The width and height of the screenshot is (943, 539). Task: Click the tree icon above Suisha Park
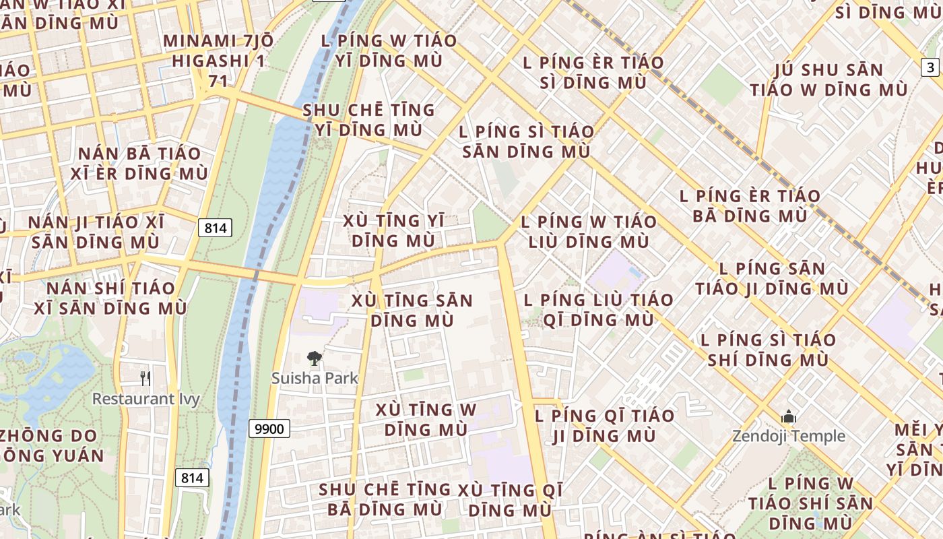(314, 358)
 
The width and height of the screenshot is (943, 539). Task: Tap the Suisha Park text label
(315, 379)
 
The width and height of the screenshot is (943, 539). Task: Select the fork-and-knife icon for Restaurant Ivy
(145, 378)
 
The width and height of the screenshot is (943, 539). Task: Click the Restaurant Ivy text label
(145, 399)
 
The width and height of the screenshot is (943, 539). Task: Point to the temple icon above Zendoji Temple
(789, 417)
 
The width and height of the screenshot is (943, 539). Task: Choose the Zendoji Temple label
(789, 437)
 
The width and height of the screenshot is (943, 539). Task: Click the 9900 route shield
(269, 429)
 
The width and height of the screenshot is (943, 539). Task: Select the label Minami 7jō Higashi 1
(218, 51)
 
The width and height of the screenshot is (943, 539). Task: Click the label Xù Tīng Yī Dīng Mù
(393, 230)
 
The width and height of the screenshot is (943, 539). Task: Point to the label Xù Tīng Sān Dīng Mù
(412, 310)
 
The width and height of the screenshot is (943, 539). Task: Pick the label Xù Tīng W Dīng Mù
(426, 419)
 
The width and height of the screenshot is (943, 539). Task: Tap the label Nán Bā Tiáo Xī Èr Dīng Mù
(139, 163)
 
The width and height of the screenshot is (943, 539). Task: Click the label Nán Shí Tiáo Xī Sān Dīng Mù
(110, 298)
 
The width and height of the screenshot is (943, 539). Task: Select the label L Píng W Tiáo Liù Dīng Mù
(589, 231)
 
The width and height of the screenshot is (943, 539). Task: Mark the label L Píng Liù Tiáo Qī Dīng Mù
(598, 309)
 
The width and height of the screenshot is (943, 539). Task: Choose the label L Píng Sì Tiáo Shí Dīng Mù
(768, 349)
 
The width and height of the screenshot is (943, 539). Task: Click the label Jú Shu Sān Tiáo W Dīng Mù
(828, 80)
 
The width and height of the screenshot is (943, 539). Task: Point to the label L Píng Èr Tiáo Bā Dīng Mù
(750, 206)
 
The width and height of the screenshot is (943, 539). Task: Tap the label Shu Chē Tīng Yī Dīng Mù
(368, 119)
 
